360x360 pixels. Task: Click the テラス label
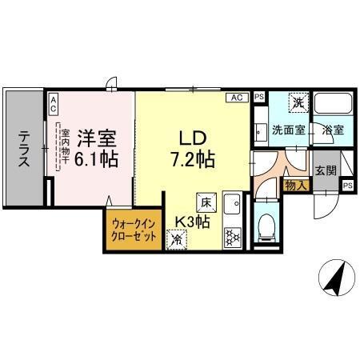pyautogui.click(x=25, y=149)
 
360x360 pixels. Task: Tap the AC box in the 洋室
pyautogui.click(x=52, y=102)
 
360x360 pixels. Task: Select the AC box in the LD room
pyautogui.click(x=236, y=98)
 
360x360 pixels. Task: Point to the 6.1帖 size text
pyautogui.click(x=97, y=159)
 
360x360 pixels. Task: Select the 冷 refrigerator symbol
pyautogui.click(x=175, y=237)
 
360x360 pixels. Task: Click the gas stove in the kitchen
pyautogui.click(x=232, y=235)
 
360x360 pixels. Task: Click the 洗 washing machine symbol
pyautogui.click(x=298, y=102)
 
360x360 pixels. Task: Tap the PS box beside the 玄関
pyautogui.click(x=347, y=186)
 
